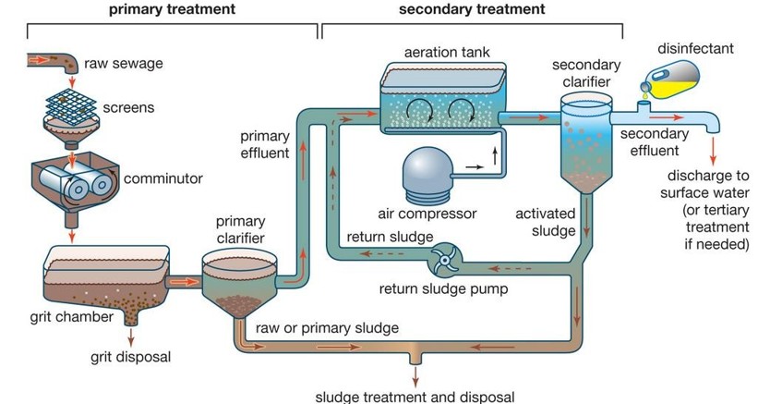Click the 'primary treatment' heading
(x=172, y=10)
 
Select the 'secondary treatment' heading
(x=472, y=10)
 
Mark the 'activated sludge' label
(x=547, y=222)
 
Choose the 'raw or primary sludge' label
(x=327, y=328)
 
